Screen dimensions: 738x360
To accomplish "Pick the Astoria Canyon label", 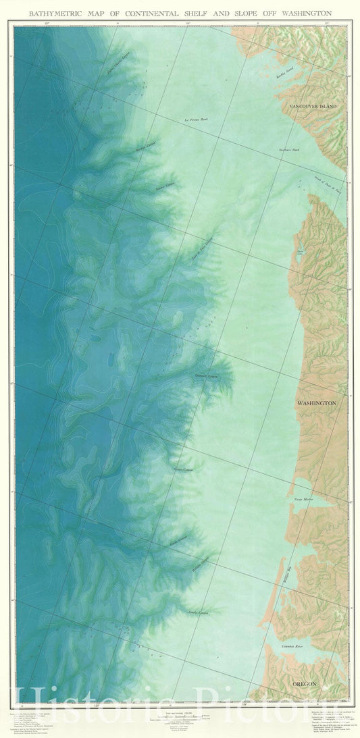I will click(199, 612).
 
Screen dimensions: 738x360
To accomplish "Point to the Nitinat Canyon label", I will click(165, 186).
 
